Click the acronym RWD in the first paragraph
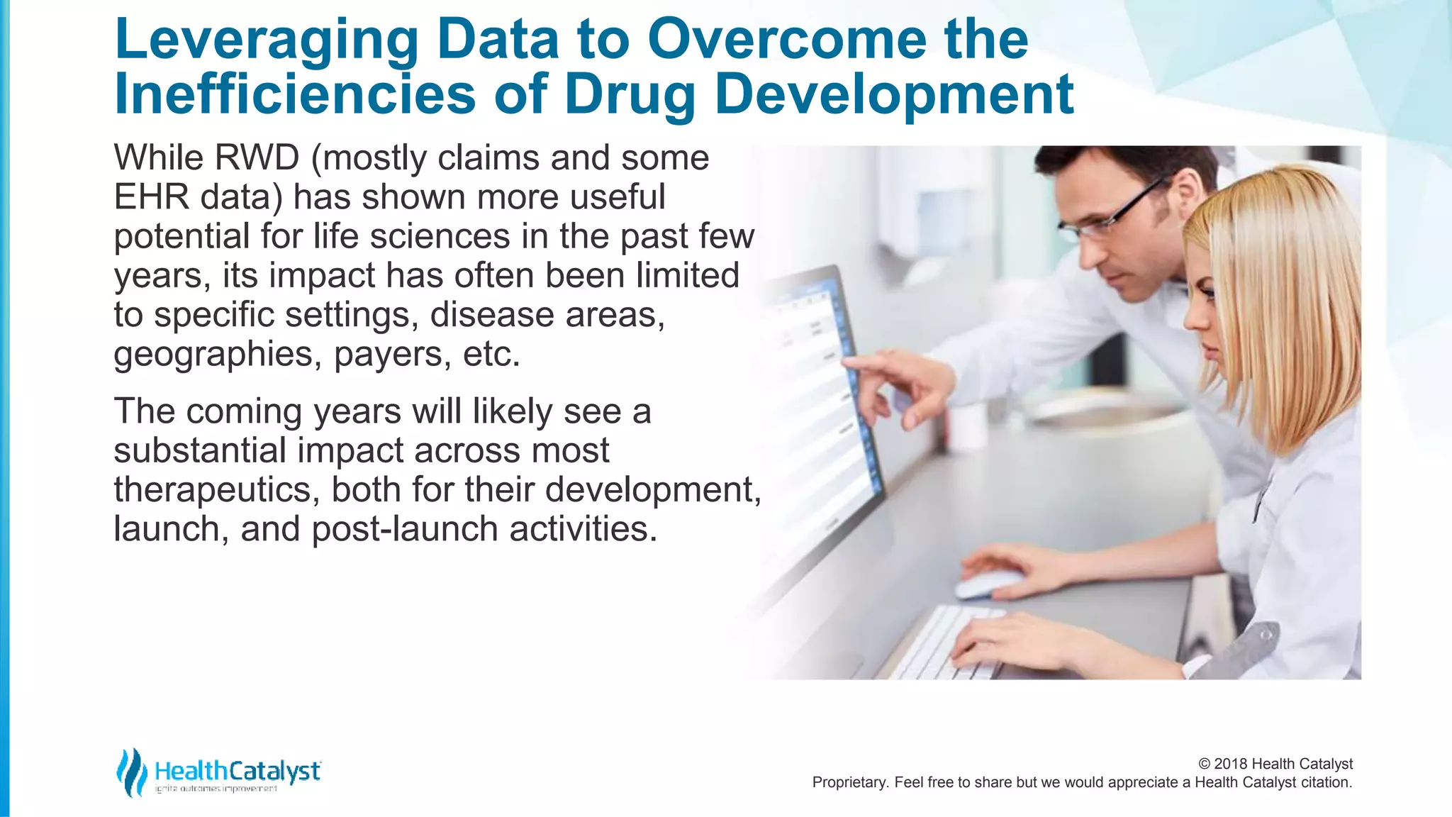click(257, 157)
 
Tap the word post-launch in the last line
click(405, 529)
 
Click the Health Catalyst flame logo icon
click(131, 772)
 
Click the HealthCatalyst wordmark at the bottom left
click(238, 771)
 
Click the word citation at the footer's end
click(1325, 783)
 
